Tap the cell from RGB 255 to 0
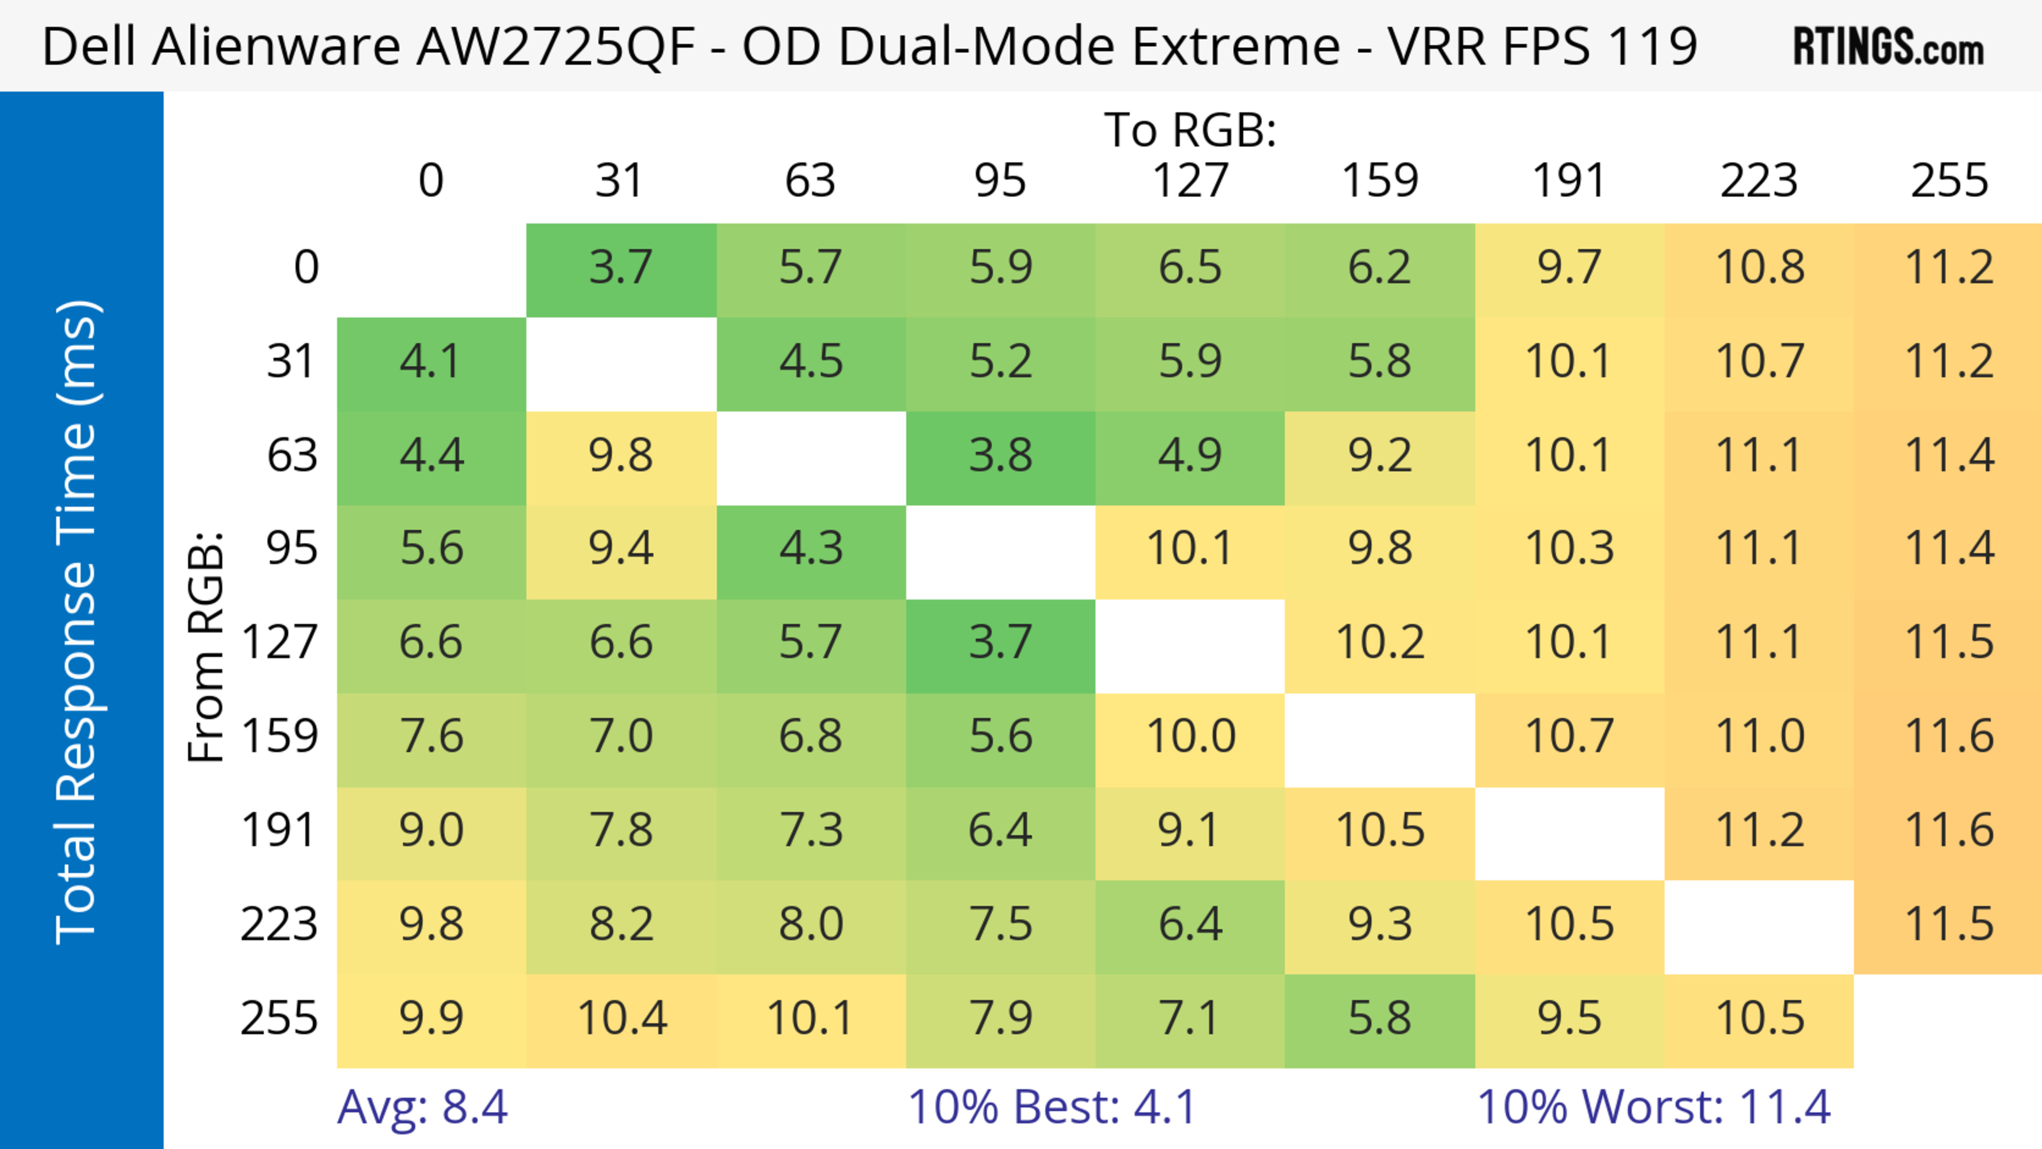pos(431,1018)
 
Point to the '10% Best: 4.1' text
pos(1051,1107)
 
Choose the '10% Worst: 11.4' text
pos(1654,1107)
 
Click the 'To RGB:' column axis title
pos(1190,130)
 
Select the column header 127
pos(1190,181)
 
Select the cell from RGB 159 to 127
pos(1190,737)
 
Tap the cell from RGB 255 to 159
pos(1379,1018)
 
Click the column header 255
pos(1948,181)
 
